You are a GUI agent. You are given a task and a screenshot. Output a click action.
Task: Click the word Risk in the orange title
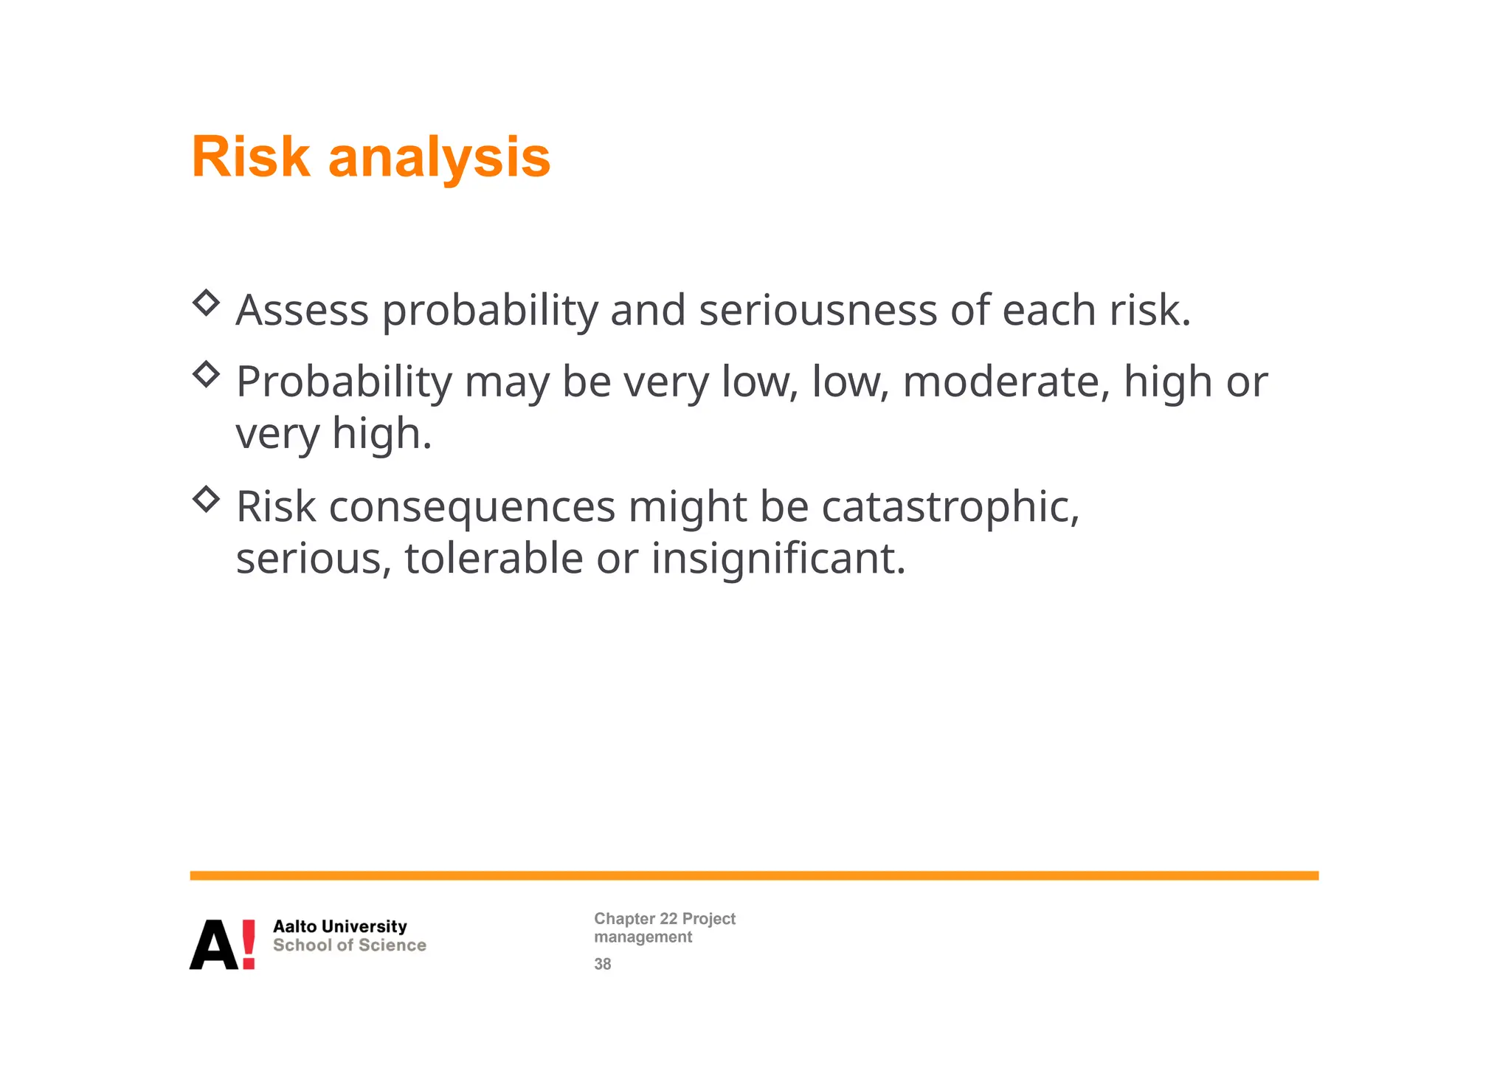click(250, 157)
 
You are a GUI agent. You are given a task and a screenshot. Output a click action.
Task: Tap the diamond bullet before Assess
click(206, 303)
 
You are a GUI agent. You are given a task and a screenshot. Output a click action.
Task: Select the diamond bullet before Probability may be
click(206, 374)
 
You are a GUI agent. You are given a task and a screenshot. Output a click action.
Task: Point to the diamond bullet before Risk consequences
click(206, 500)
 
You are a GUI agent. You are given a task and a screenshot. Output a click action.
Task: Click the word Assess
click(302, 310)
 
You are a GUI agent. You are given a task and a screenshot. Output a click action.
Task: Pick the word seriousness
click(817, 310)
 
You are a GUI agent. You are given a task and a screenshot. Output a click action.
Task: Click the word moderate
click(1006, 382)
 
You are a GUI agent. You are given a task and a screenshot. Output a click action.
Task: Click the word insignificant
click(778, 558)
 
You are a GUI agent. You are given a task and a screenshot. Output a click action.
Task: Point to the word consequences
click(471, 509)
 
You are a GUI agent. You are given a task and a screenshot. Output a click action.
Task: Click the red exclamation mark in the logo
click(249, 944)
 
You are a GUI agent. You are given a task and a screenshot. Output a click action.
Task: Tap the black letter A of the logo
click(214, 945)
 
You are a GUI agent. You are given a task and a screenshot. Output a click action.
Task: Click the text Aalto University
click(339, 926)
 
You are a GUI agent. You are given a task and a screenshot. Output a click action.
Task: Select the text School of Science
click(349, 945)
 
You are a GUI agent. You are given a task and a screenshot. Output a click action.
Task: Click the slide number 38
click(602, 964)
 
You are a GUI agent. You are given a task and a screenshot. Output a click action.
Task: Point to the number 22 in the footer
click(668, 919)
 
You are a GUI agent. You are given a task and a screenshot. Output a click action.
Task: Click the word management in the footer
click(643, 937)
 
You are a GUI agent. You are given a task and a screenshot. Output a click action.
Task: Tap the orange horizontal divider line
click(753, 875)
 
